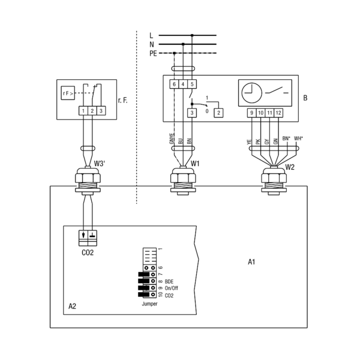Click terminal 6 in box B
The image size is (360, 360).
[174, 84]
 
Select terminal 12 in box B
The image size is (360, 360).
[278, 113]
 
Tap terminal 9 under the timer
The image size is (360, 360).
[252, 113]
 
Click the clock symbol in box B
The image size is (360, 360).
[252, 93]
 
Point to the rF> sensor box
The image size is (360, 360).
[68, 93]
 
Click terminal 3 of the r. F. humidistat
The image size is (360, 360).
[101, 111]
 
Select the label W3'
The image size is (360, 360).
[100, 164]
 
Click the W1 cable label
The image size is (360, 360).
[195, 164]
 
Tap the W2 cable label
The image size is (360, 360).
[290, 167]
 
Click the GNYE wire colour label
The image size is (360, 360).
[172, 139]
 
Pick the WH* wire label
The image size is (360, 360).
[298, 139]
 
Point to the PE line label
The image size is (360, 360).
[153, 53]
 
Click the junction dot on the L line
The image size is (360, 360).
[192, 35]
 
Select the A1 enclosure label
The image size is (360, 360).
[251, 262]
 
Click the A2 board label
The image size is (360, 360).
[72, 306]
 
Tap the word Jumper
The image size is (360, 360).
[149, 304]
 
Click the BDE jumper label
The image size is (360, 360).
[169, 282]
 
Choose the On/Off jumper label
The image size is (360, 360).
[171, 289]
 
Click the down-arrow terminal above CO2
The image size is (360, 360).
[83, 235]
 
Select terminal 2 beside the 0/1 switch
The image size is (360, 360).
[218, 113]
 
